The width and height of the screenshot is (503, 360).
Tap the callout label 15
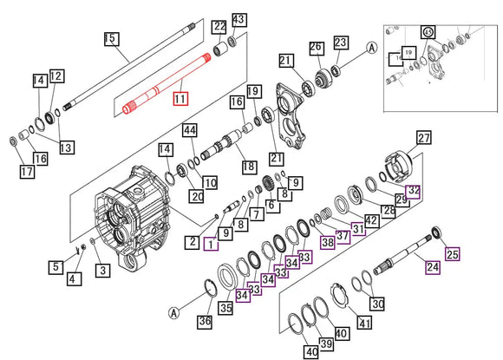pos(111,38)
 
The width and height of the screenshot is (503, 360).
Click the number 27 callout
pos(423,139)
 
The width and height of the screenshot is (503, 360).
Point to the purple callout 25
pos(451,254)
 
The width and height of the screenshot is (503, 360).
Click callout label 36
pos(205,322)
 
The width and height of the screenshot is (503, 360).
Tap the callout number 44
pos(188,130)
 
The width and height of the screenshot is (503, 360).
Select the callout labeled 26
pos(317,46)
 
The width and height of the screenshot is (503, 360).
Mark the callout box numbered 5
pos(56,267)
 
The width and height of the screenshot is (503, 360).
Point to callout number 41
pos(364,324)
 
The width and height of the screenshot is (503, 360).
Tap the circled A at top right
pos(371,49)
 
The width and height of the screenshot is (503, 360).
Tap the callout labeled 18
pos(248,166)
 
